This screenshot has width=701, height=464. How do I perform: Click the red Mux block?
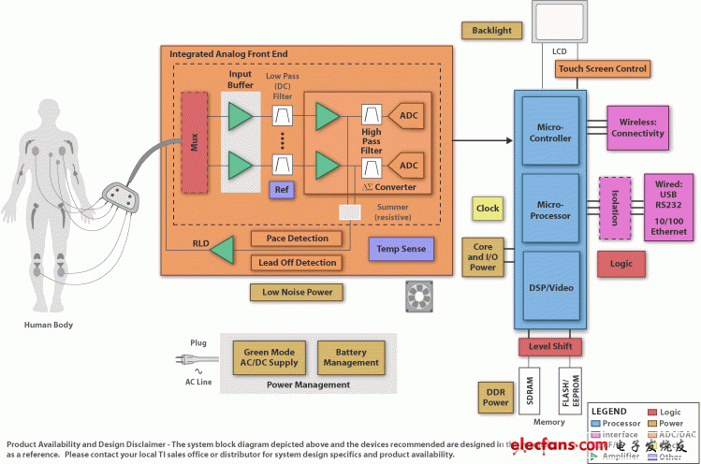point(195,142)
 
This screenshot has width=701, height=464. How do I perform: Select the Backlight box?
point(492,31)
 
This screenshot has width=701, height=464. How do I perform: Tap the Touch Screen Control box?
point(602,69)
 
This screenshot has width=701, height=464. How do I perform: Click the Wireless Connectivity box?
point(638,127)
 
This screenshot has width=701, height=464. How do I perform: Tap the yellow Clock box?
point(488,209)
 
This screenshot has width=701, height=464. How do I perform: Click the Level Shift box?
point(551,347)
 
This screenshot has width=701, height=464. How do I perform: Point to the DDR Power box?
point(495,397)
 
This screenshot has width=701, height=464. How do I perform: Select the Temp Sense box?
point(402,249)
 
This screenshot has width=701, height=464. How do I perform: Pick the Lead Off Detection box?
point(296,263)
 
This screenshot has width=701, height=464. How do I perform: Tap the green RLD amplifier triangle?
point(222,250)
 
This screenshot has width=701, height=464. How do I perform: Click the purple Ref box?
point(282,190)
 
